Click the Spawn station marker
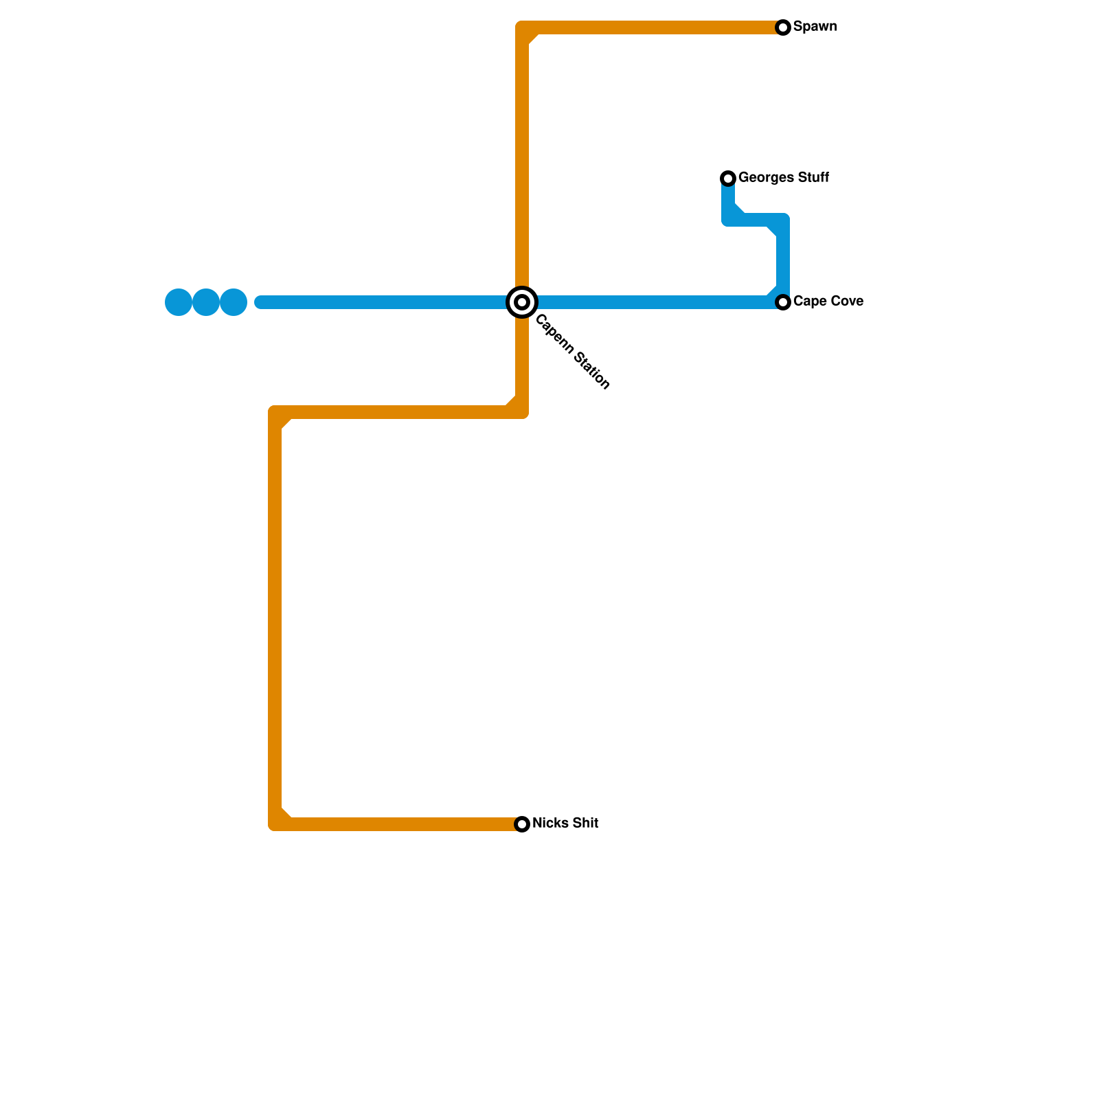(x=783, y=27)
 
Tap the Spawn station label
(x=815, y=27)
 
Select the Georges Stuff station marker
(x=728, y=179)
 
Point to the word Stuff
(x=812, y=178)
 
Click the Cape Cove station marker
(x=783, y=302)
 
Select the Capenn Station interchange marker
(x=522, y=302)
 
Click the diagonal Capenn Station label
(x=572, y=352)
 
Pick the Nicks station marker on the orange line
(x=522, y=824)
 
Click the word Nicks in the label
(x=548, y=824)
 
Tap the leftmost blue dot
(x=179, y=302)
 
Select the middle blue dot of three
(x=206, y=302)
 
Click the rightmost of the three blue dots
(x=234, y=302)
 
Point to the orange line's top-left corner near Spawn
(x=523, y=28)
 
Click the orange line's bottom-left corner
(x=275, y=824)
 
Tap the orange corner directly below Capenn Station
(x=522, y=412)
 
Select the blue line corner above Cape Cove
(x=782, y=220)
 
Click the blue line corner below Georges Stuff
(x=729, y=220)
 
